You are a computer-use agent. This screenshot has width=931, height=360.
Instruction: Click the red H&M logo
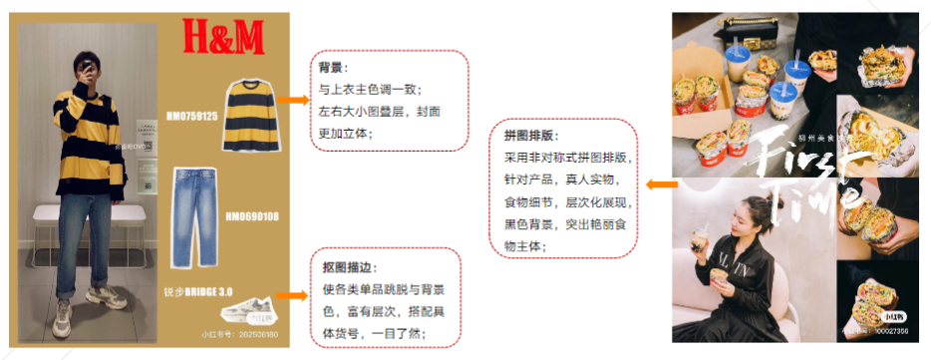pyautogui.click(x=223, y=38)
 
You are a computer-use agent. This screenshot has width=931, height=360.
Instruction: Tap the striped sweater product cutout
pyautogui.click(x=250, y=115)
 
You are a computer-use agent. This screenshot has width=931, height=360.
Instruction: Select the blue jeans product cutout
pyautogui.click(x=199, y=217)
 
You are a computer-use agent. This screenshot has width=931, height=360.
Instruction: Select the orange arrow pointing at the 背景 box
pyautogui.click(x=292, y=100)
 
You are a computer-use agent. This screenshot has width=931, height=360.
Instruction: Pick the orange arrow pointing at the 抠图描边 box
pyautogui.click(x=292, y=295)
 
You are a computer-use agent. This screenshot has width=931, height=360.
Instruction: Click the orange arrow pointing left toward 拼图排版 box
pyautogui.click(x=661, y=184)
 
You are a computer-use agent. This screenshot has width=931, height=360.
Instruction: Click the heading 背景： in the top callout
pyautogui.click(x=332, y=68)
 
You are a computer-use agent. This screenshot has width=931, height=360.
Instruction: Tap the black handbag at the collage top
pyautogui.click(x=745, y=22)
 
